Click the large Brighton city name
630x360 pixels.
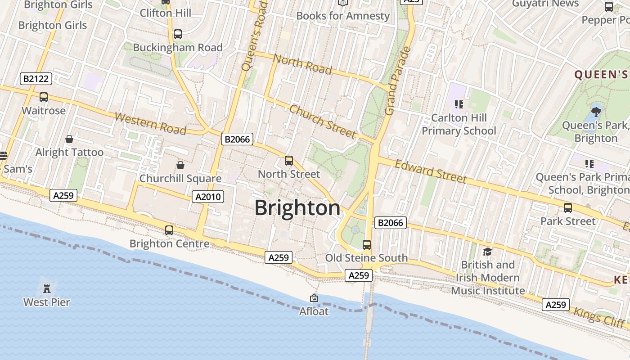(x=297, y=208)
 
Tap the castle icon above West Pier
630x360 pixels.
(x=47, y=288)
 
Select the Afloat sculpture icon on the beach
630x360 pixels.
(x=314, y=298)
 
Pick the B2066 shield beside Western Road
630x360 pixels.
(x=237, y=139)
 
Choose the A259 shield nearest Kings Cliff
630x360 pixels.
(x=555, y=305)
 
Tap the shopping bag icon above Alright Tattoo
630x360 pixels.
(x=69, y=139)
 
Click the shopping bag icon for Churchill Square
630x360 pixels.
(x=180, y=165)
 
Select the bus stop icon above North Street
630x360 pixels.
(x=289, y=161)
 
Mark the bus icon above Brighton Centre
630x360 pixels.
(x=169, y=230)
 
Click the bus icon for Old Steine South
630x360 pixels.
(x=367, y=245)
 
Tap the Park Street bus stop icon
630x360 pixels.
(x=568, y=208)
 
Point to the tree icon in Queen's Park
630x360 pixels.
(x=596, y=111)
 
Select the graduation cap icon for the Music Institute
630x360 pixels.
(x=487, y=252)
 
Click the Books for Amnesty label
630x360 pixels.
(x=343, y=16)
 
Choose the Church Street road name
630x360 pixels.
(x=323, y=121)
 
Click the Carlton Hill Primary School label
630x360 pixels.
(x=459, y=124)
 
